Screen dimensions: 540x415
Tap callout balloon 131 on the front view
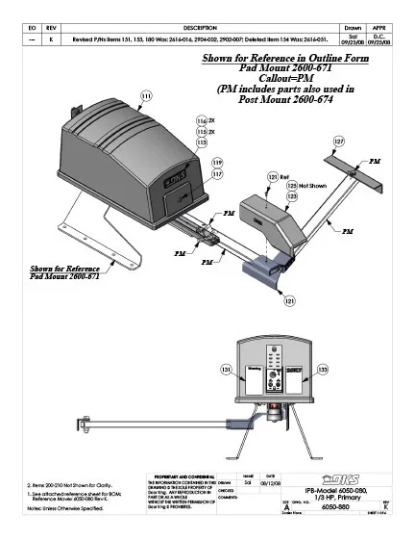(226, 370)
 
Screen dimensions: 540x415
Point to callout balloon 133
(323, 370)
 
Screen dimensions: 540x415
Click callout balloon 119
(216, 163)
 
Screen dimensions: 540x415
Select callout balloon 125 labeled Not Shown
(292, 185)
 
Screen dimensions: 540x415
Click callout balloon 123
(292, 195)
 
